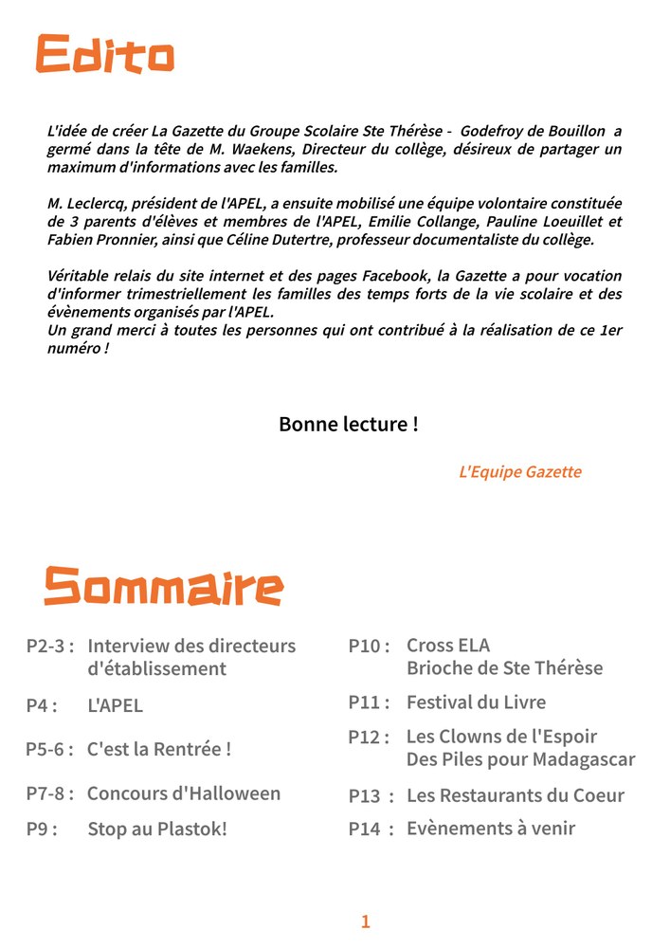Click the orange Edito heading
pyautogui.click(x=105, y=54)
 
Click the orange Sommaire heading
pyautogui.click(x=163, y=588)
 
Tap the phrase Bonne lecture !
pyautogui.click(x=348, y=424)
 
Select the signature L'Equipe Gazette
pyautogui.click(x=519, y=471)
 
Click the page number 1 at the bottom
pyautogui.click(x=366, y=921)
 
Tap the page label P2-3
pyautogui.click(x=49, y=647)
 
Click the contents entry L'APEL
pyautogui.click(x=115, y=705)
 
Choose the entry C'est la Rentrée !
pyautogui.click(x=159, y=749)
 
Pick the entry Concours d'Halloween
pyautogui.click(x=184, y=793)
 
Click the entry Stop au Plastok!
pyautogui.click(x=157, y=829)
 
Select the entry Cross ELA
pyautogui.click(x=448, y=646)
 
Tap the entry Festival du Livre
pyautogui.click(x=476, y=702)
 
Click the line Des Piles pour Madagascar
pyautogui.click(x=520, y=759)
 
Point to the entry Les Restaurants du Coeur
pyautogui.click(x=516, y=795)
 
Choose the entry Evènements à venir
pyautogui.click(x=491, y=829)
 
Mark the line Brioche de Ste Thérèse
pyautogui.click(x=504, y=668)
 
